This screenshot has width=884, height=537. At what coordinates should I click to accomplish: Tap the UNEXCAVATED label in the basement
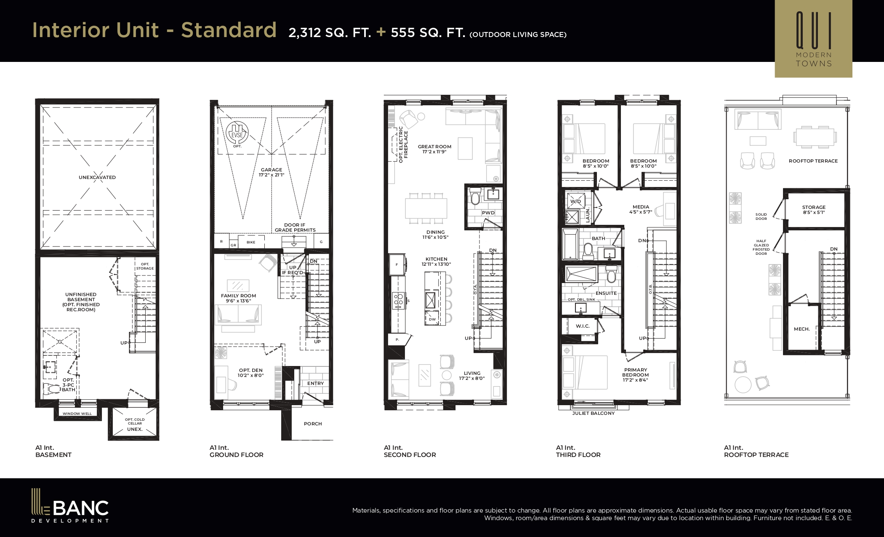pos(97,177)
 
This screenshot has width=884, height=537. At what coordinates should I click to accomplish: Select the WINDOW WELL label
pos(77,414)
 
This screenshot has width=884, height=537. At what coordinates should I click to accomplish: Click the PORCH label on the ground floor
pos(313,424)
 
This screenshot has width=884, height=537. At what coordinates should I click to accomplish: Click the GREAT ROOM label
pos(434,147)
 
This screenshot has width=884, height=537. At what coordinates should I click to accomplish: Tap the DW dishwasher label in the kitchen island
pos(432,319)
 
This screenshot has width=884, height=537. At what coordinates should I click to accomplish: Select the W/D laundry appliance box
pos(575,201)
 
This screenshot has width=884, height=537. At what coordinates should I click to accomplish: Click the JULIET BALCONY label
pos(594,413)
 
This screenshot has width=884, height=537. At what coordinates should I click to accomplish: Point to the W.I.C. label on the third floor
pos(583,326)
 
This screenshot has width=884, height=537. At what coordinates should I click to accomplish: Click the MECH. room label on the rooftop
pos(801,329)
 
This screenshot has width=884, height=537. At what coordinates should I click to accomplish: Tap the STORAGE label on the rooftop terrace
pos(814,207)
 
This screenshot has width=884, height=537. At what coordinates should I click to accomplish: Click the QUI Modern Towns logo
pos(813,39)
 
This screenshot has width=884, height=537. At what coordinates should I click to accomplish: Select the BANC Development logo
pos(70,505)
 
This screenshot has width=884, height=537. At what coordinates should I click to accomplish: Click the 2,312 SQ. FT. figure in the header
pos(330,32)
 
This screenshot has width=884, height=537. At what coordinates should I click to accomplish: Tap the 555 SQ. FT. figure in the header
pos(428,32)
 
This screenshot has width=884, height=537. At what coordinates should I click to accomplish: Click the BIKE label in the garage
pos(251,242)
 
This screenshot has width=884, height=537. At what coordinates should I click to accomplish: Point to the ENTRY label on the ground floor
pos(316,383)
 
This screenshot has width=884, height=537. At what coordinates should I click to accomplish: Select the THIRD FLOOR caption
pos(578,455)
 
